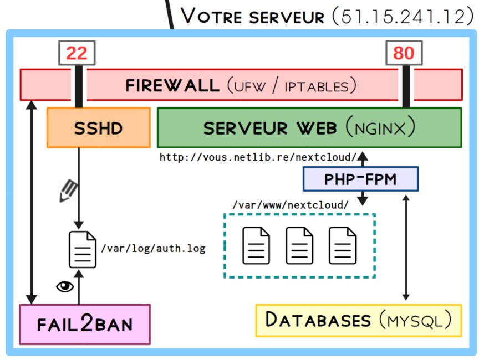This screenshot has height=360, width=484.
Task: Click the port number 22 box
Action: [x=77, y=53]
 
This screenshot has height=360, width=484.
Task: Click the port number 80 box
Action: [x=404, y=53]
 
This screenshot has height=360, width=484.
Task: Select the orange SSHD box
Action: [x=98, y=127]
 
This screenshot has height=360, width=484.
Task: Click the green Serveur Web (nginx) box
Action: [x=309, y=127]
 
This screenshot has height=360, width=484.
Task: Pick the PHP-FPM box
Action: [x=360, y=179]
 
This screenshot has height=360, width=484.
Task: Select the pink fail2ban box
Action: [x=85, y=323]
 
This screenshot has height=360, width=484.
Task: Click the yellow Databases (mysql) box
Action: [x=359, y=320]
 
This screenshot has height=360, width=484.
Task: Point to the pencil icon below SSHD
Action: [x=68, y=190]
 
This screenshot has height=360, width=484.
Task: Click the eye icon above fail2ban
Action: [x=65, y=286]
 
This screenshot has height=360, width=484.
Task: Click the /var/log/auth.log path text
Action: [x=153, y=249]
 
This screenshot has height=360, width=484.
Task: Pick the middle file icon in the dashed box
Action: [x=299, y=245]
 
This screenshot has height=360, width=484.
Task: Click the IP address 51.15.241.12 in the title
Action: [x=404, y=17]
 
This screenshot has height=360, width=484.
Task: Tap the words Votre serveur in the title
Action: [x=253, y=17]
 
